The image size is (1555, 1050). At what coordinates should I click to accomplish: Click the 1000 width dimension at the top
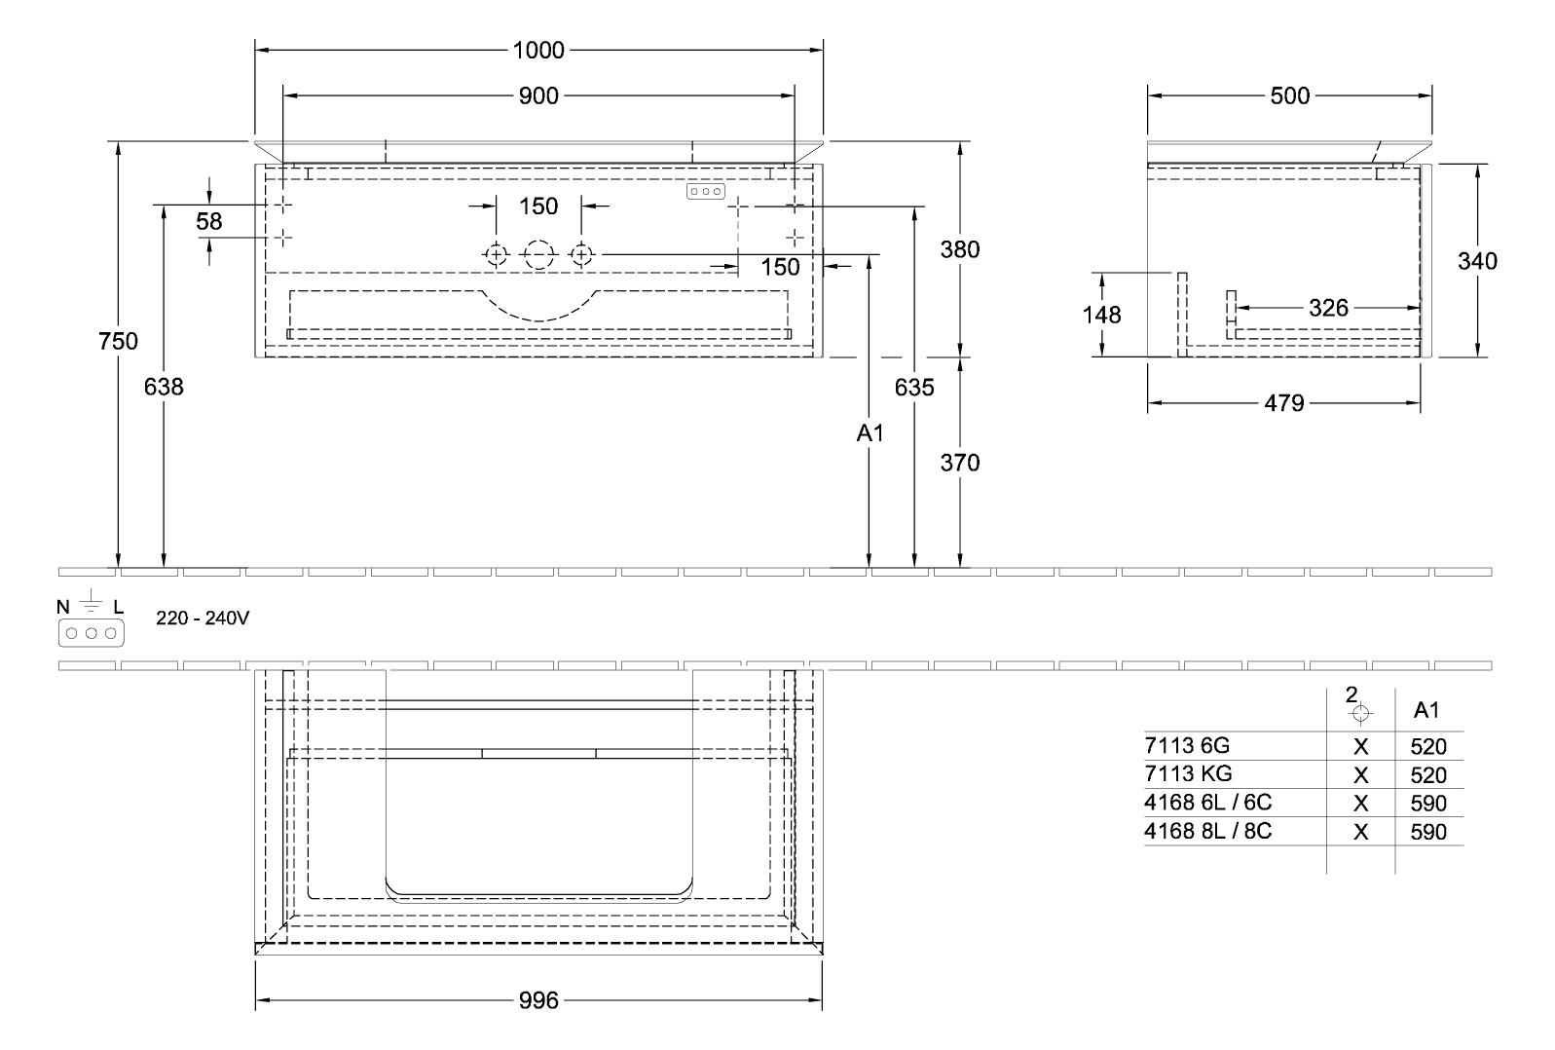[x=538, y=50]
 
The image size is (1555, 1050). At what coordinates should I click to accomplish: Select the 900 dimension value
[x=538, y=95]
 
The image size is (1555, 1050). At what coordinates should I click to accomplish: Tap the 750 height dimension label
[x=119, y=341]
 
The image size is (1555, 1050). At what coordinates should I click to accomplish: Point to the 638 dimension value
[x=164, y=387]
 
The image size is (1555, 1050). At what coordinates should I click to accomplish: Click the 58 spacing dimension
[x=209, y=222]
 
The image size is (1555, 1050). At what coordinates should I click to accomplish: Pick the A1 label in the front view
[x=870, y=433]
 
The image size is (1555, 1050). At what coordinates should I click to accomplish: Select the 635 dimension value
[x=914, y=388]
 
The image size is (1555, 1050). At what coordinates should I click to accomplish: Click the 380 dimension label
[x=960, y=249]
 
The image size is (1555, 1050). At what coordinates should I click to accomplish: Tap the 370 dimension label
[x=960, y=463]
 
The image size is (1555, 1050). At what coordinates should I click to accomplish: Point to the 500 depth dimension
[x=1290, y=95]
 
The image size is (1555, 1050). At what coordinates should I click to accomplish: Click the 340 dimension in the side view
[x=1477, y=261]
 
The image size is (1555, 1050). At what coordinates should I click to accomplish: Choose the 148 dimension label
[x=1101, y=315]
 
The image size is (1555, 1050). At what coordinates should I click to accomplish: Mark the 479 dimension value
[x=1284, y=402]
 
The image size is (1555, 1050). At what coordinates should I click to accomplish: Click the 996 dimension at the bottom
[x=538, y=1000]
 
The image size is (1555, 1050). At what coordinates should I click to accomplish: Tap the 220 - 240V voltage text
[x=203, y=618]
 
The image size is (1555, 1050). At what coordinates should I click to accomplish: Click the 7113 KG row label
[x=1188, y=774]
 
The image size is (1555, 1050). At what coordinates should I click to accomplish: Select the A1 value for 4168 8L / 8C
[x=1428, y=832]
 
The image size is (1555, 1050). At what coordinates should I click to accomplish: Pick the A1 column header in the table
[x=1426, y=711]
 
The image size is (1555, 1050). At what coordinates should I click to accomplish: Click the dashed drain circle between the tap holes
[x=538, y=255]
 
